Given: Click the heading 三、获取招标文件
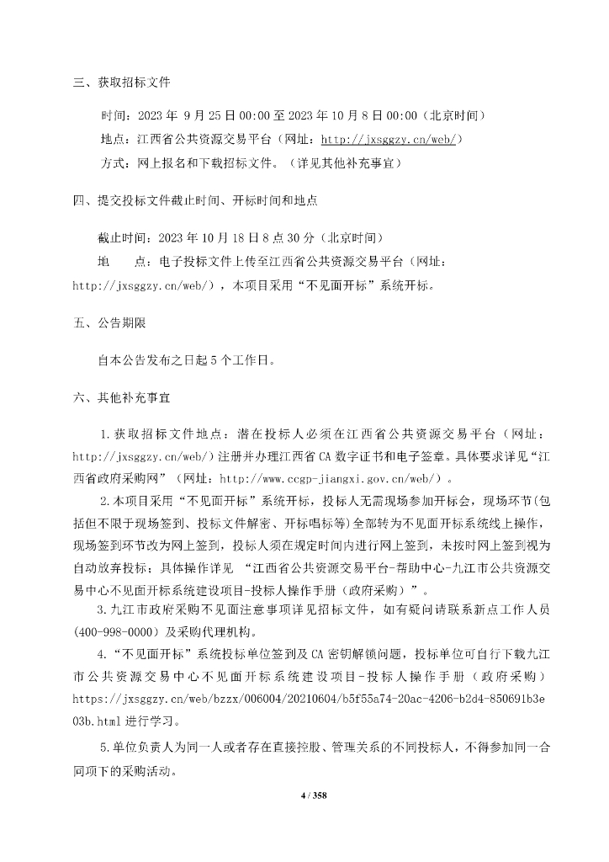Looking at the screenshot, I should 122,82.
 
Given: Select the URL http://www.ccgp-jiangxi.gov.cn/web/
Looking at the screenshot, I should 353,476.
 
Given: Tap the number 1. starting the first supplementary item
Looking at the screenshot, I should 105,433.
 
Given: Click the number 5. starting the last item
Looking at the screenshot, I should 105,747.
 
